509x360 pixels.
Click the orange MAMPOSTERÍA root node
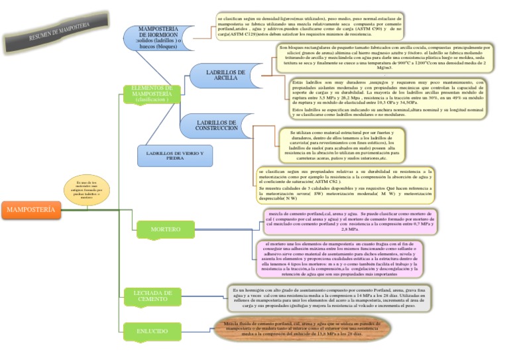[x=31, y=210]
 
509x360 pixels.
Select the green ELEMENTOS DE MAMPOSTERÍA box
[x=152, y=93]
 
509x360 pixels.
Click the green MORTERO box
[x=165, y=229]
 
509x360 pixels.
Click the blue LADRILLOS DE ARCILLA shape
[x=225, y=75]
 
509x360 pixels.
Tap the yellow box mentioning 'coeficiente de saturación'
[x=345, y=184]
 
